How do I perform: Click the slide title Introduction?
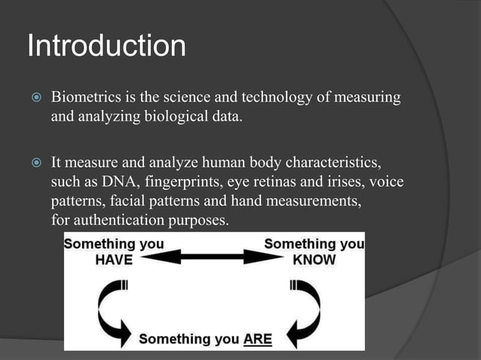(106, 47)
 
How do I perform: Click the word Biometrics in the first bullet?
(84, 99)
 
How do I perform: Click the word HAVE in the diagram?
(113, 260)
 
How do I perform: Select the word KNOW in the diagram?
(314, 260)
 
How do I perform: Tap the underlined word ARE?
(256, 340)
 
